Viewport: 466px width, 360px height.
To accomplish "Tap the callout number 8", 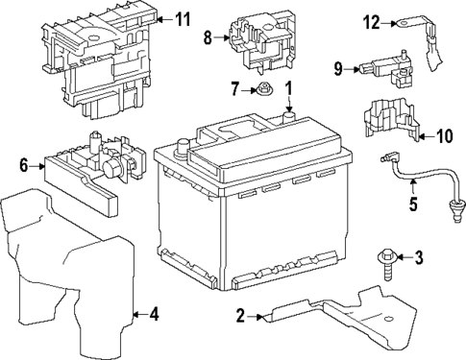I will click(207, 39).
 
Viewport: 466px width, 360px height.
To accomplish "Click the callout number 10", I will click(444, 137).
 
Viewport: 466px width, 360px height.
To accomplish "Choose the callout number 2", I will click(241, 314).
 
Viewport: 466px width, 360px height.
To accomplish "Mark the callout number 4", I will click(154, 313).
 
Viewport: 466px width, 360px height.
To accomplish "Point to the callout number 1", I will click(286, 91).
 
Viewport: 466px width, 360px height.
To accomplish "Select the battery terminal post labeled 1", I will click(285, 117).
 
